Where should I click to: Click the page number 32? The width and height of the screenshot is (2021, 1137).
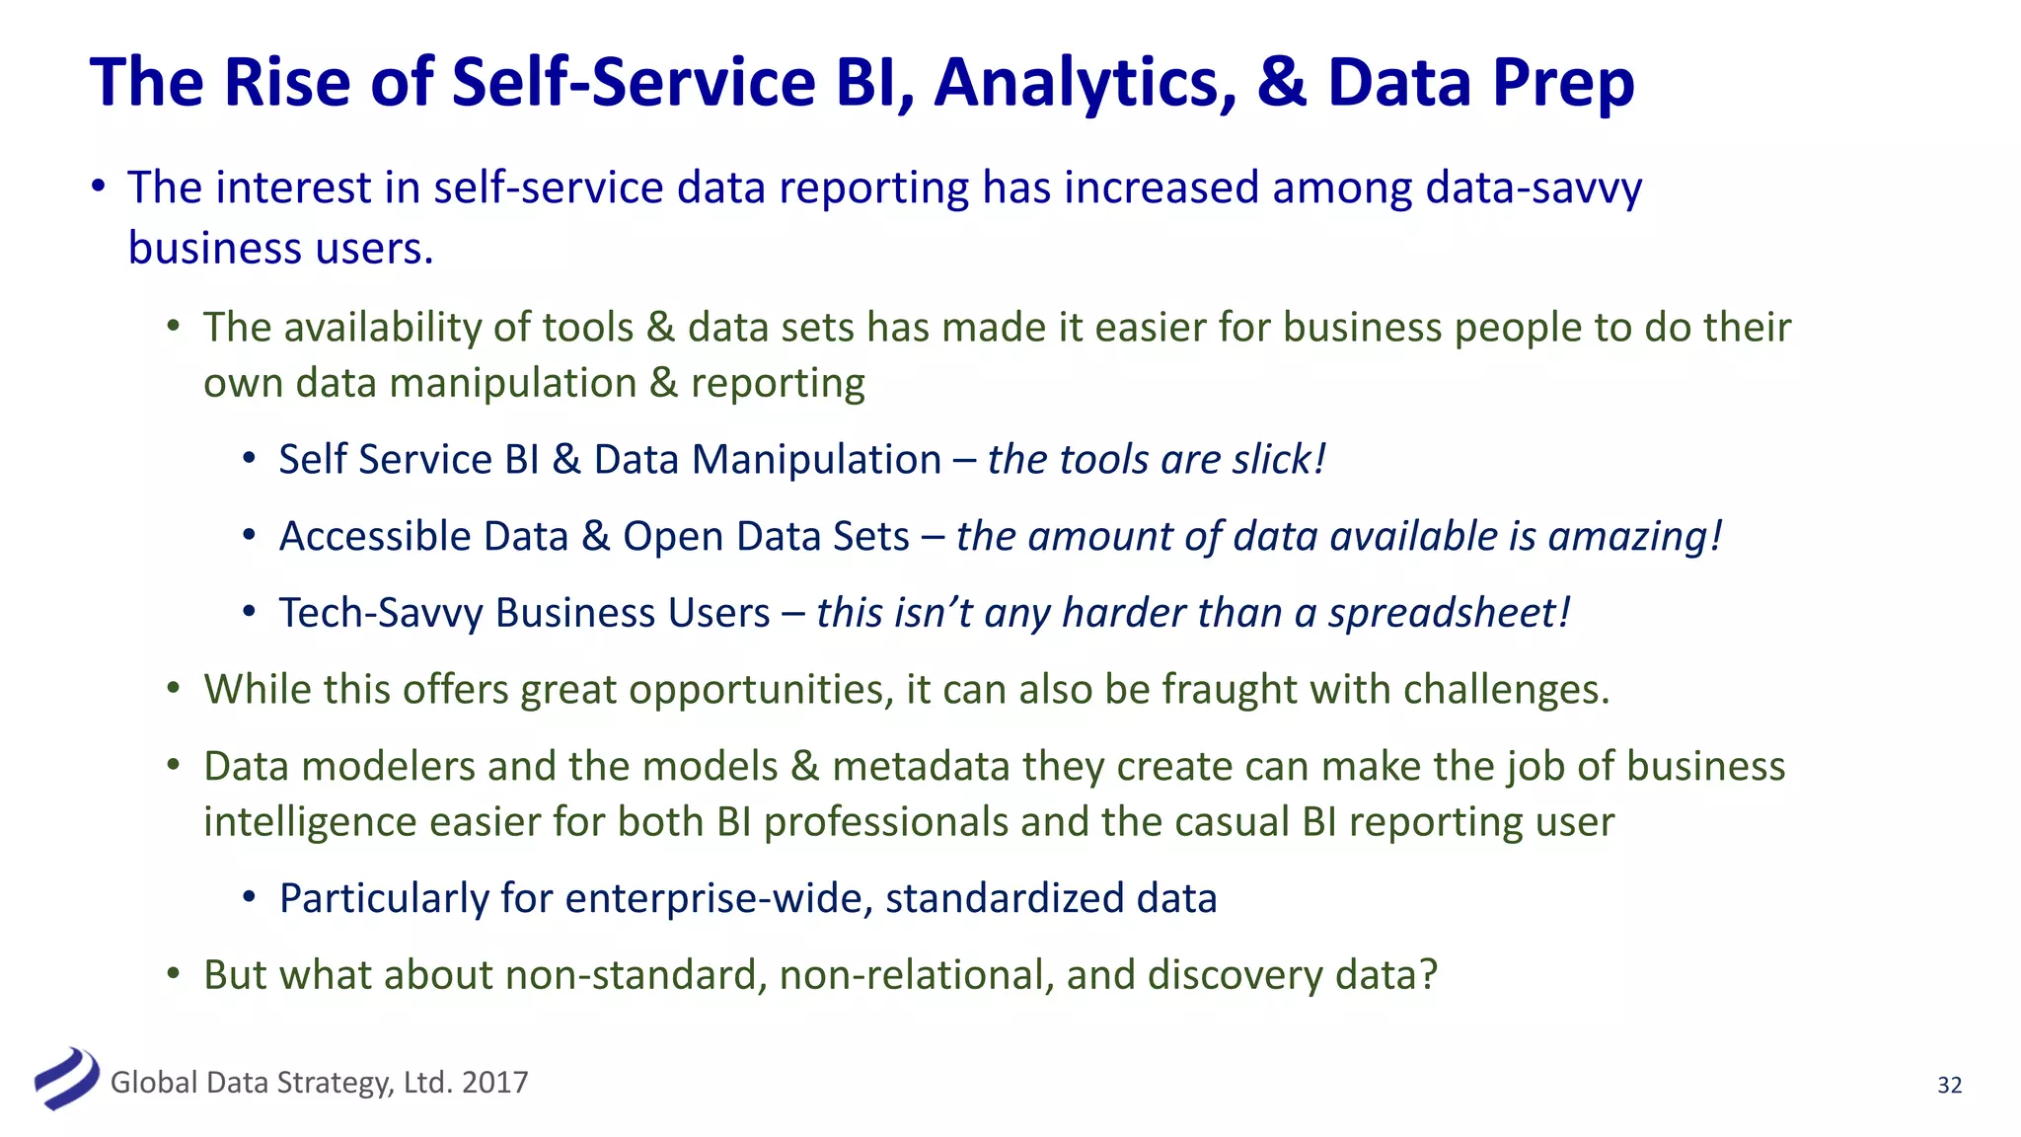click(1949, 1085)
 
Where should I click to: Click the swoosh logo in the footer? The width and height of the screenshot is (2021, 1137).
click(66, 1079)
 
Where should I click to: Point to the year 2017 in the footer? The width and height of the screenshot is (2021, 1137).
click(494, 1083)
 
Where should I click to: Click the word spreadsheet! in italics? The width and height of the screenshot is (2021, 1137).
click(1448, 613)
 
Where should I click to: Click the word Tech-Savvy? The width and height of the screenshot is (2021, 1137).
click(381, 613)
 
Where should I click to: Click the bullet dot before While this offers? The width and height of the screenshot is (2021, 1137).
click(174, 689)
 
